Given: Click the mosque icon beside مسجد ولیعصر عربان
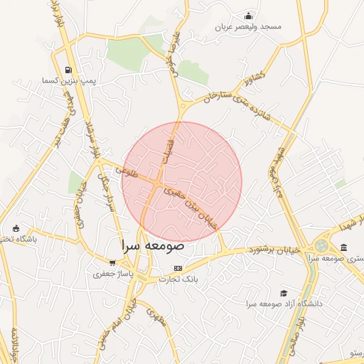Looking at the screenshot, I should [x=248, y=16].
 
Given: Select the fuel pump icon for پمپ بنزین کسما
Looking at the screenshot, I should [x=68, y=70].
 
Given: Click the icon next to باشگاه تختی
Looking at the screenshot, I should [x=16, y=228].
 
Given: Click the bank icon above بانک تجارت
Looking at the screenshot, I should [x=178, y=268].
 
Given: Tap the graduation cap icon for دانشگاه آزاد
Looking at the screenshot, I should [x=284, y=293].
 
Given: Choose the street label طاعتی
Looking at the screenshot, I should [x=132, y=171].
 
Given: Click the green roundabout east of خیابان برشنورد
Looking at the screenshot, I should [x=322, y=246].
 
